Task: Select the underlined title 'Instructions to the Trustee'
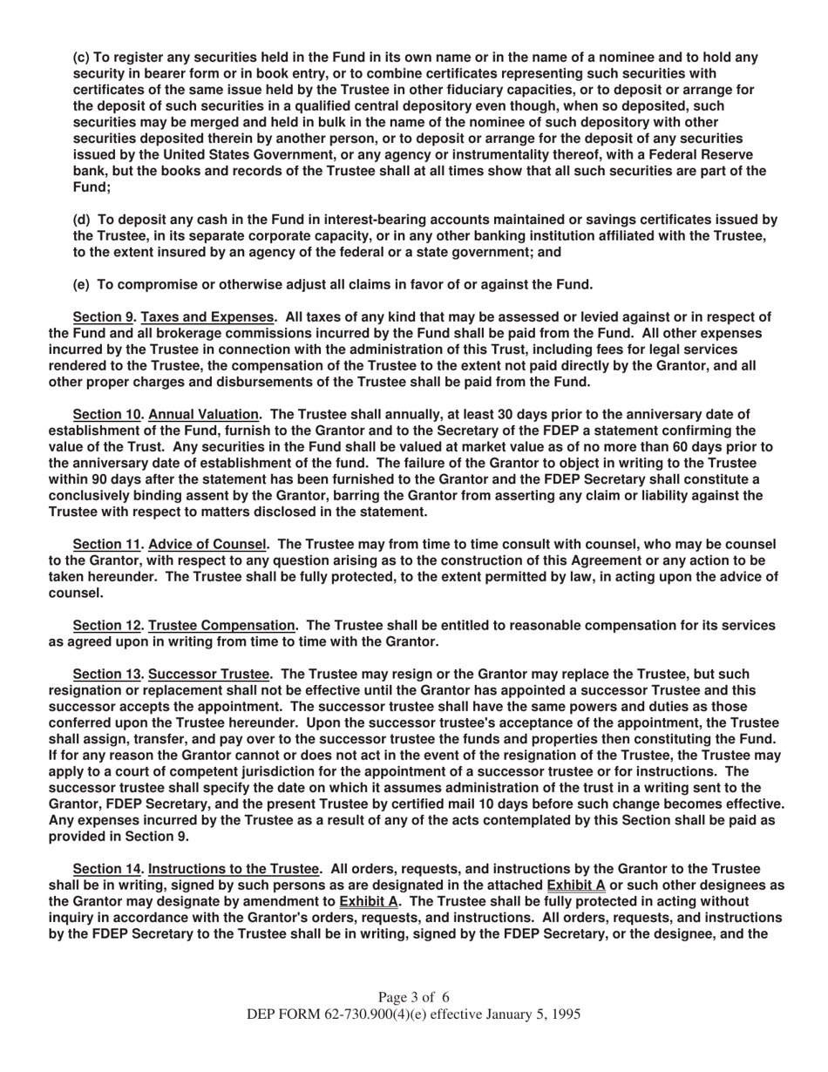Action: [x=234, y=869]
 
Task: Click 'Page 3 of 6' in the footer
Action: [x=414, y=997]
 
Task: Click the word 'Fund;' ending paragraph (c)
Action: [x=92, y=187]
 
